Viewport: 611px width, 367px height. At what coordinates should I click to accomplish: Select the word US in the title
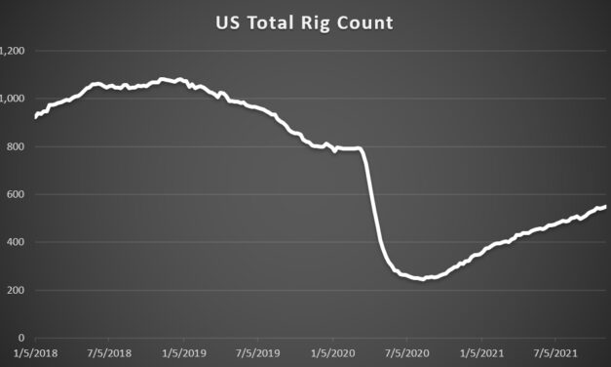[x=228, y=22]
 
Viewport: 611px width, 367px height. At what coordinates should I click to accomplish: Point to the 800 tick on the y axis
[x=14, y=146]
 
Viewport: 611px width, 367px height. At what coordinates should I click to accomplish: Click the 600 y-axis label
[x=14, y=194]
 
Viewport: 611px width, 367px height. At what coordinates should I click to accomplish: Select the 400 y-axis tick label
[x=14, y=242]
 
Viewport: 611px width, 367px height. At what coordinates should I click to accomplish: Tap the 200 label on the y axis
[x=14, y=290]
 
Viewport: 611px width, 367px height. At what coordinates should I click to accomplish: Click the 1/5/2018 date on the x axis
[x=36, y=353]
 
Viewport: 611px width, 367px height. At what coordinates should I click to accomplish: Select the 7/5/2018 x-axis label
[x=110, y=353]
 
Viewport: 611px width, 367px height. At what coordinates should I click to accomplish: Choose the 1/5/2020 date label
[x=332, y=353]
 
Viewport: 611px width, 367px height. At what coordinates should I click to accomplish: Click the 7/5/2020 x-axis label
[x=406, y=353]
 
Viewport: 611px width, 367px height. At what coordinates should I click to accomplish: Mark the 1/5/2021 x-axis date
[x=480, y=353]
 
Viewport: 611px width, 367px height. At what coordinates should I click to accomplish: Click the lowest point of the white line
[x=421, y=279]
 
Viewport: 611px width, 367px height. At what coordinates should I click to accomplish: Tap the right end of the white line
[x=605, y=206]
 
